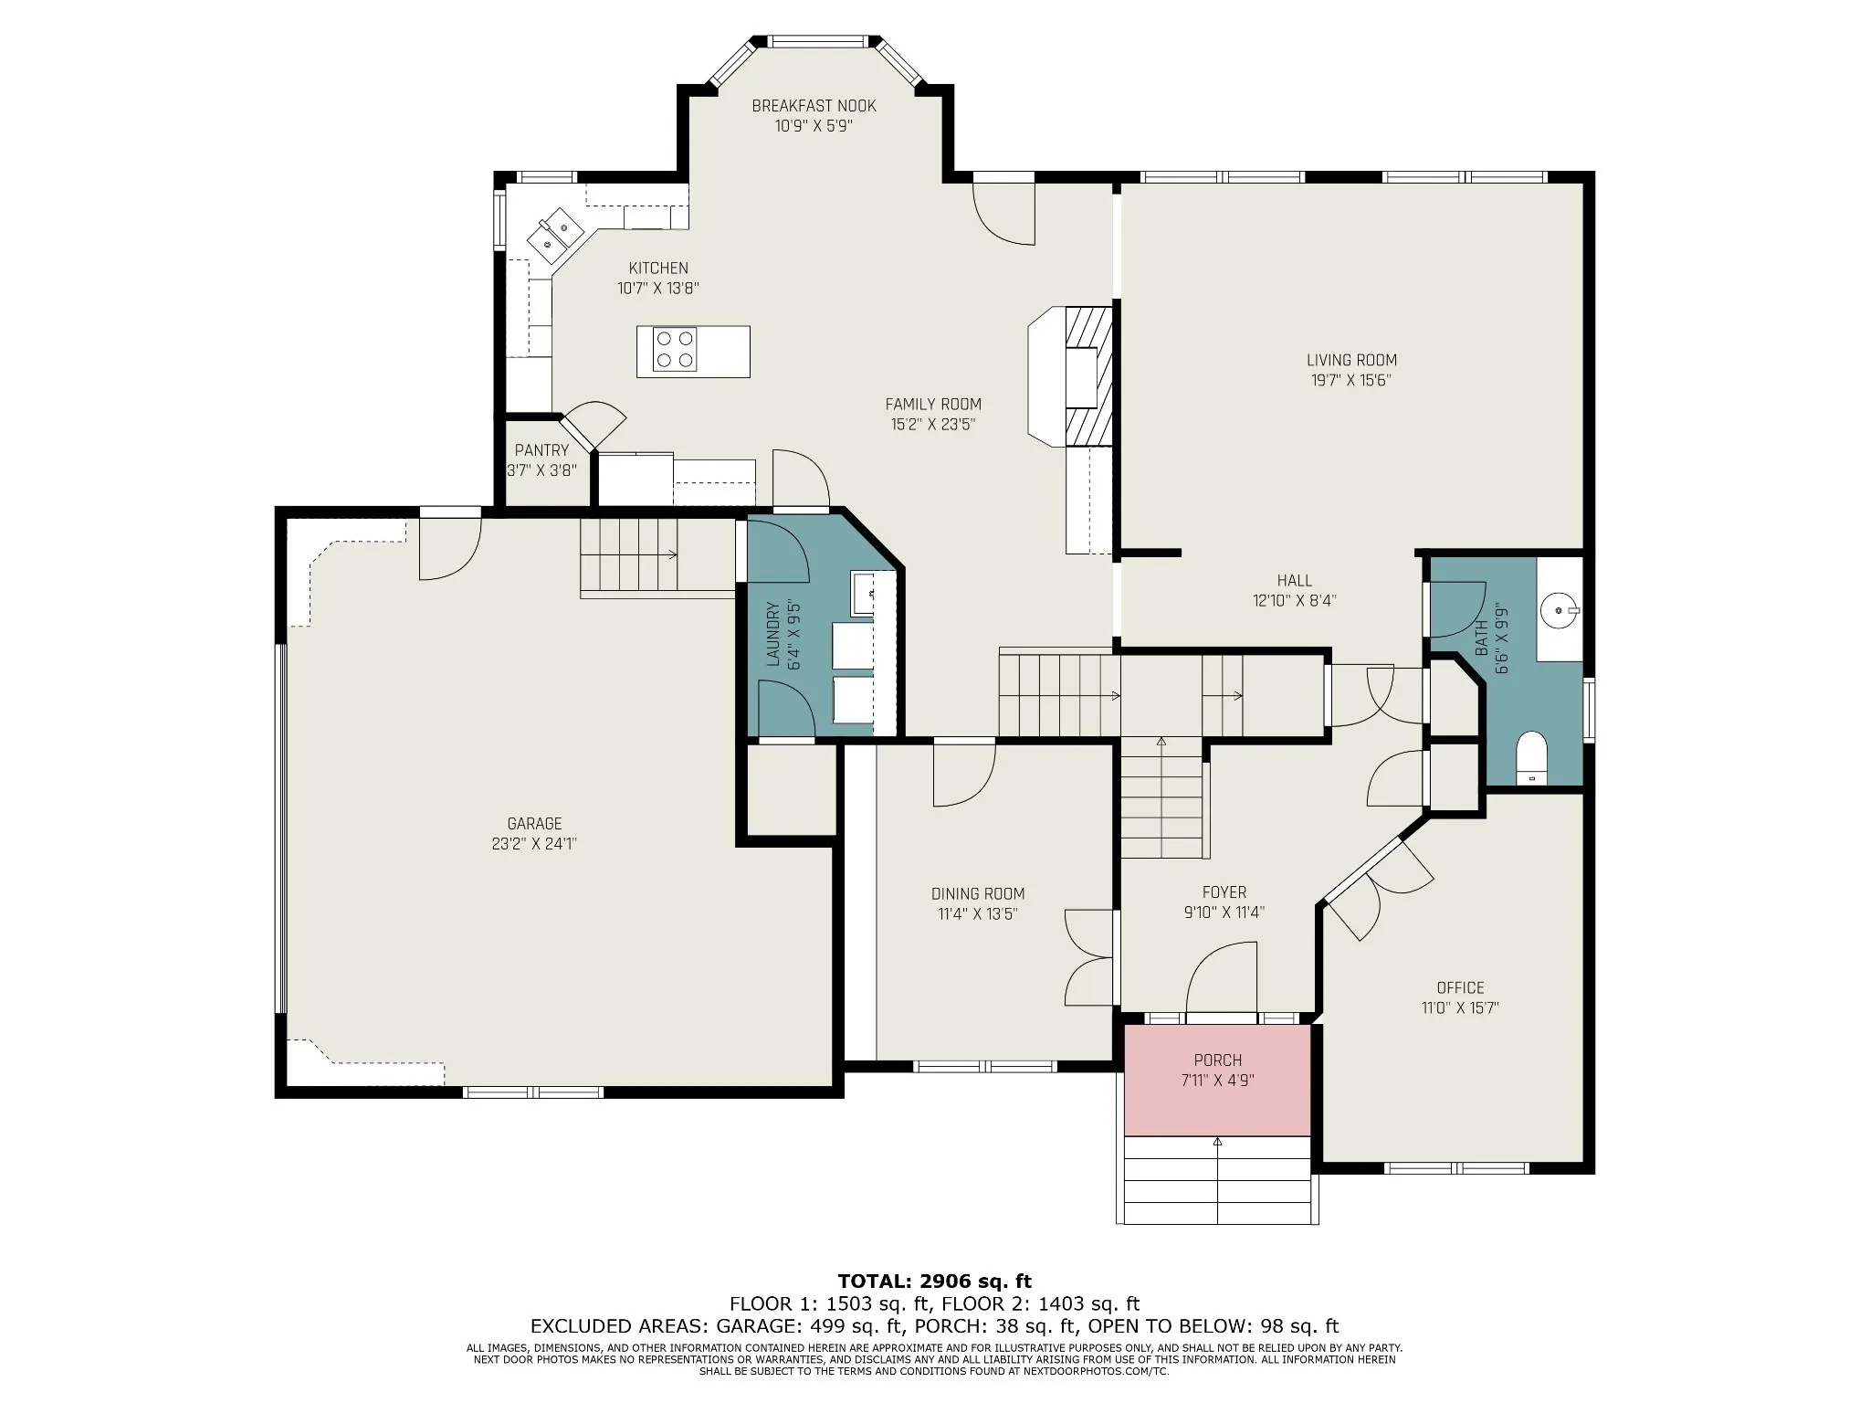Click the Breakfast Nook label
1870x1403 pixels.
[x=814, y=106]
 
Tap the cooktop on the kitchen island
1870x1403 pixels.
[x=676, y=351]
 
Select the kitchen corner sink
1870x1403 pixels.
[x=555, y=233]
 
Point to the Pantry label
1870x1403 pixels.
[x=541, y=450]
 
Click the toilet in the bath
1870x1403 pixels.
[x=1531, y=757]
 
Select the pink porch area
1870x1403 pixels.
[x=1217, y=1080]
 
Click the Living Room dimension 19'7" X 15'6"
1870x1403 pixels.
[x=1351, y=380]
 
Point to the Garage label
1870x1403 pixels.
[x=535, y=824]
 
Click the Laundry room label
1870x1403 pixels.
[x=772, y=634]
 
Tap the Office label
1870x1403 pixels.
[x=1460, y=987]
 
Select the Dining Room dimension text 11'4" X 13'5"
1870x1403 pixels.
[x=977, y=913]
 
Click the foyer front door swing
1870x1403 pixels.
[x=1221, y=977]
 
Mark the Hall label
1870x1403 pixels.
[x=1295, y=581]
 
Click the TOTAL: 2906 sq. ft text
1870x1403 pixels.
[x=934, y=1282]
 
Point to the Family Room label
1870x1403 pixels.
[x=933, y=404]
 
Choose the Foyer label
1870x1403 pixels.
[x=1224, y=892]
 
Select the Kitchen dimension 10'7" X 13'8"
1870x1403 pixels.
[x=658, y=289]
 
